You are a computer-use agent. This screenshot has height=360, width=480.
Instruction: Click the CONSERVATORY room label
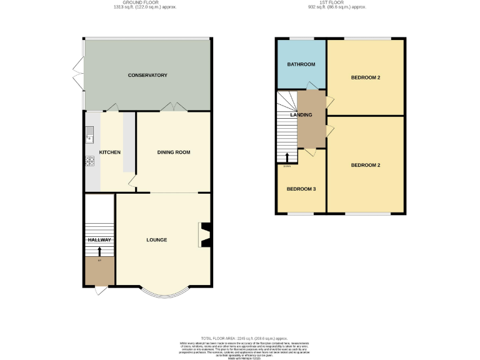tap(147, 75)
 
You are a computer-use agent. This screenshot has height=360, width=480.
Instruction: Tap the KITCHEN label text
tap(109, 152)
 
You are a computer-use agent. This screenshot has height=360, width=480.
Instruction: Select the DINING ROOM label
tap(173, 152)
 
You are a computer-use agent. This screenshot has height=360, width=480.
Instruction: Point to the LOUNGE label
tap(156, 239)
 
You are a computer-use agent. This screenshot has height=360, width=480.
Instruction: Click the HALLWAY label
tap(99, 240)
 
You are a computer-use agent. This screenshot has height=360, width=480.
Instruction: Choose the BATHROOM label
tap(301, 64)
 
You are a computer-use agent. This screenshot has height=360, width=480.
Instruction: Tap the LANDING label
tap(301, 115)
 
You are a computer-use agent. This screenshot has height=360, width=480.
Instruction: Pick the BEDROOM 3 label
tap(301, 188)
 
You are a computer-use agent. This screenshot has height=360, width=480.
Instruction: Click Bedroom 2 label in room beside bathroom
tap(366, 77)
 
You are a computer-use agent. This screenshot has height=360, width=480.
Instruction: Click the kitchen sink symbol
tap(89, 132)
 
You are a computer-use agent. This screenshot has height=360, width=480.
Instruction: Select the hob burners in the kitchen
tap(89, 161)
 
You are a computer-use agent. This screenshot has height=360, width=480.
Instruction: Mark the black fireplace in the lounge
tap(204, 235)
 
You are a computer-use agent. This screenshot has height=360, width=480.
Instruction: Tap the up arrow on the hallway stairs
tap(99, 251)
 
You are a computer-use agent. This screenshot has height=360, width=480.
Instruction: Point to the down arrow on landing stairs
tap(287, 157)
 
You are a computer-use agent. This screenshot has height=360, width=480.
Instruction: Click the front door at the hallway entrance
tap(99, 291)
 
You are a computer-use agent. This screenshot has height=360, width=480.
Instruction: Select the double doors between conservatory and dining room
tap(173, 107)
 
